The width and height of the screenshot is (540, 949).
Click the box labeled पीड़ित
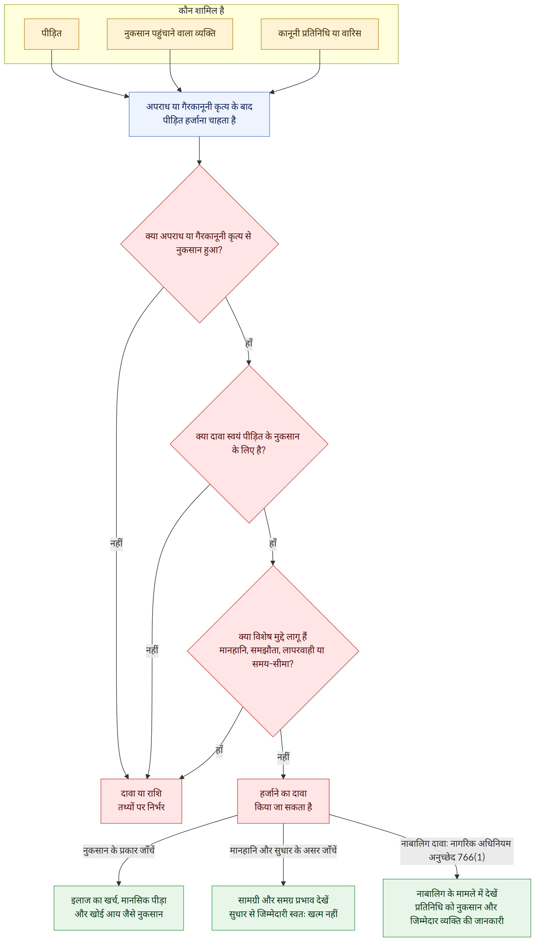pyautogui.click(x=52, y=34)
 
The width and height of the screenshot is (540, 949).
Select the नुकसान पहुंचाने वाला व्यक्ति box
pyautogui.click(x=170, y=34)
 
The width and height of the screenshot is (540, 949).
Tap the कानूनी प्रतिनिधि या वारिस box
pyautogui.click(x=320, y=34)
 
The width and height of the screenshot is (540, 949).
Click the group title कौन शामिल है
pyautogui.click(x=201, y=10)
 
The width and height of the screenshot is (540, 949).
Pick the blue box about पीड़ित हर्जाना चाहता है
pyautogui.click(x=199, y=114)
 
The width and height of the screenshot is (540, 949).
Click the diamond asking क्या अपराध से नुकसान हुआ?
pyautogui.click(x=200, y=244)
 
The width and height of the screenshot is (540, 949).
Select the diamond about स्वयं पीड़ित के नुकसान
pyautogui.click(x=249, y=444)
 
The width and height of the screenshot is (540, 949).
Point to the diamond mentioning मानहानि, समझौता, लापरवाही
pyautogui.click(x=273, y=651)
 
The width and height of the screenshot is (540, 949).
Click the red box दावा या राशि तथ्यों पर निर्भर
pyautogui.click(x=141, y=801)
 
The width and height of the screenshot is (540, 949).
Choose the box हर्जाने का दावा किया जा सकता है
pyautogui.click(x=283, y=801)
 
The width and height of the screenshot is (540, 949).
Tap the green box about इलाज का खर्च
pyautogui.click(x=119, y=908)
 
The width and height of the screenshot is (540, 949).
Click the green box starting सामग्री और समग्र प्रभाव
pyautogui.click(x=283, y=908)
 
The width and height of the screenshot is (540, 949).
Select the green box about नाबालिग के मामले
pyautogui.click(x=457, y=908)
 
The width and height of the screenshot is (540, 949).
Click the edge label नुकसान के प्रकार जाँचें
pyautogui.click(x=119, y=850)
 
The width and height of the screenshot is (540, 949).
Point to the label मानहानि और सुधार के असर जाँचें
pyautogui.click(x=283, y=850)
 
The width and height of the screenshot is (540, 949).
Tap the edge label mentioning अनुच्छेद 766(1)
pyautogui.click(x=457, y=851)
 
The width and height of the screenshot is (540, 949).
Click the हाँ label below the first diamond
pyautogui.click(x=249, y=343)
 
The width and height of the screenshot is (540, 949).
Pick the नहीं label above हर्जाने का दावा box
pyautogui.click(x=283, y=757)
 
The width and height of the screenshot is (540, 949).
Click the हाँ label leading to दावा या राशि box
pyautogui.click(x=220, y=750)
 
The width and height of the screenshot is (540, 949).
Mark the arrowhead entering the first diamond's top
pyautogui.click(x=200, y=162)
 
